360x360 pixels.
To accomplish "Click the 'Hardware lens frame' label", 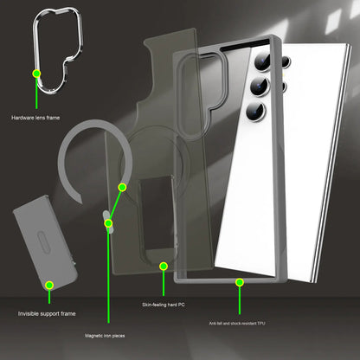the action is pos(35,118).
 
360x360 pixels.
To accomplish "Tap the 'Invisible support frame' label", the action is pos(47,313).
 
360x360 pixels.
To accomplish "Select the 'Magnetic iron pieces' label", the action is pos(105,336).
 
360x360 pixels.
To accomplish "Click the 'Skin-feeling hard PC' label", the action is pos(164,305).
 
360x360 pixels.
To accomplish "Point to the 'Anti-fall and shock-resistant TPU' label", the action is pos(237,324).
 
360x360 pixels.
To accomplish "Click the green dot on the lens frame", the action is pos(36,74).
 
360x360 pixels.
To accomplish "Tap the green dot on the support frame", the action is pos(49,286).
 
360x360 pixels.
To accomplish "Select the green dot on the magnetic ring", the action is pos(122,188).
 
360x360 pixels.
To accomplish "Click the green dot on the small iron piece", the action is pos(108,223).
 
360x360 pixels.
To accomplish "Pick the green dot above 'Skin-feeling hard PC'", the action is pos(164,266).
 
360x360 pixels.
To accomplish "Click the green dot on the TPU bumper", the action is pos(240,282).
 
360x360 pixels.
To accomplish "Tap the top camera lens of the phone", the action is pos(262,62).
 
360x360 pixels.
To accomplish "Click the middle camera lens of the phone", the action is pos(260,86).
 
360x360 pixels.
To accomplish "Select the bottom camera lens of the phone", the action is pos(256,111).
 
